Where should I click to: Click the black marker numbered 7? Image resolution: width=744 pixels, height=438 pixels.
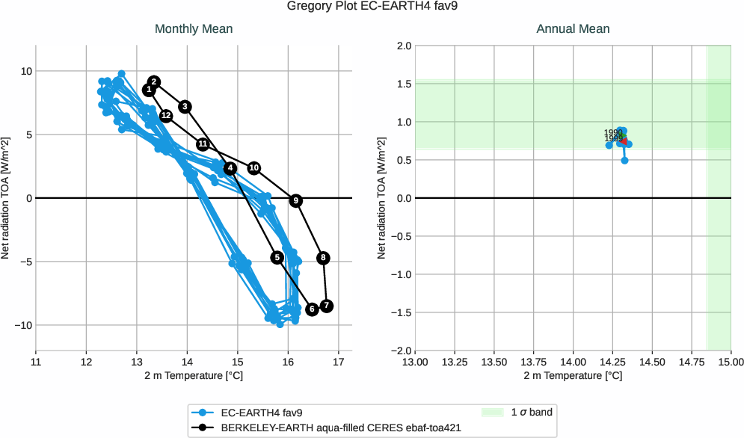coord(326,306)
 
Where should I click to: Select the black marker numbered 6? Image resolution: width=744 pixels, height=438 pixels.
coord(312,309)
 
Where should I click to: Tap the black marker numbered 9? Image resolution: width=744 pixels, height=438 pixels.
coord(296,200)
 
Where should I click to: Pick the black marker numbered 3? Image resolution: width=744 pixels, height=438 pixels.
coord(185,107)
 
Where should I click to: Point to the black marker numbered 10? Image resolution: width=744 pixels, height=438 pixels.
coord(254,167)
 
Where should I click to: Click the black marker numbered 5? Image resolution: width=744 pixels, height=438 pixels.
coord(277,257)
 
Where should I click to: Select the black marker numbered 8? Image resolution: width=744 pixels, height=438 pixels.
coord(323,258)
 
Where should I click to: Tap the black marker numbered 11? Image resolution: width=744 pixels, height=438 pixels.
coord(203,144)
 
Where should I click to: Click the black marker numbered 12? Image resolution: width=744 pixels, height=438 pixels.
coord(166,115)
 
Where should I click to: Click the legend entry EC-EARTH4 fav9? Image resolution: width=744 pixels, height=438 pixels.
coord(261,412)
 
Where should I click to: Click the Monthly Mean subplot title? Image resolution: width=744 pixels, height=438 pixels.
coord(194,29)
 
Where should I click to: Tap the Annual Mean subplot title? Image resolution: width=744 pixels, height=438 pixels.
coord(573,29)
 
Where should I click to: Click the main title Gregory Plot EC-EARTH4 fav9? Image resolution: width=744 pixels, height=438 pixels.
coord(372,7)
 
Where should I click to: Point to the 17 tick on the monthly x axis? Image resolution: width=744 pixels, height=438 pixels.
coord(339,361)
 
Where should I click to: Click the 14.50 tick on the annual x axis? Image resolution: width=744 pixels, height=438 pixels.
coord(652,361)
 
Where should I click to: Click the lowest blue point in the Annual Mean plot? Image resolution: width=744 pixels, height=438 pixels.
coord(624,161)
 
